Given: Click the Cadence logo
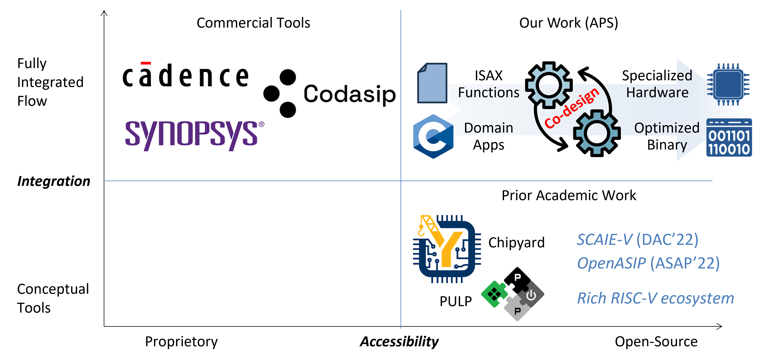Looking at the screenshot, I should click(185, 76).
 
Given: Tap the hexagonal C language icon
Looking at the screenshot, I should click(433, 136).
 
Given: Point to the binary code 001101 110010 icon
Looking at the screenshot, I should click(729, 138).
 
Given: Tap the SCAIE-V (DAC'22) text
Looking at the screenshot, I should click(637, 240).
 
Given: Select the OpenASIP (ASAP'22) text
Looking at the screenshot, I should click(648, 263).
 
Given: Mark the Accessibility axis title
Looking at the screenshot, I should click(399, 342).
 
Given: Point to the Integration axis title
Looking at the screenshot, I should click(53, 181).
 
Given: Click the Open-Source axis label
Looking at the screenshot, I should click(656, 342).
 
